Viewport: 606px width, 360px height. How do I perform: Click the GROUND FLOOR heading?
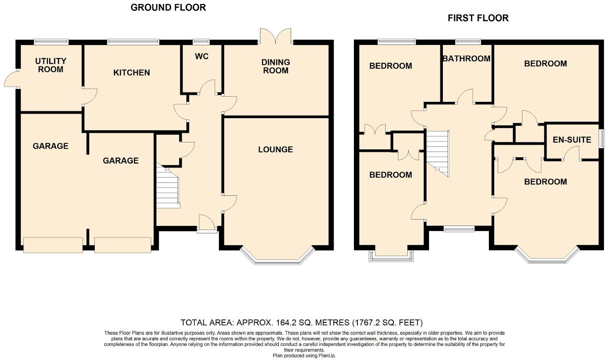[x=168, y=7]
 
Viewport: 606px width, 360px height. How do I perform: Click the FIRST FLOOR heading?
[x=478, y=18]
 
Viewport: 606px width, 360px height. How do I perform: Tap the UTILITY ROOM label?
[x=50, y=65]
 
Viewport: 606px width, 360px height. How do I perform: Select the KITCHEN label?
[x=131, y=73]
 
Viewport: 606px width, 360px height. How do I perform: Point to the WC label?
[x=202, y=56]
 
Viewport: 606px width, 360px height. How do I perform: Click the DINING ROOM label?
[x=276, y=66]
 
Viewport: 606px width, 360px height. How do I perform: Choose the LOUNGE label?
[x=275, y=149]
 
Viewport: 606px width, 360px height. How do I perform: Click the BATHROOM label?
[x=467, y=58]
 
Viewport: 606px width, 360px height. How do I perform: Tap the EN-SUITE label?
[x=572, y=140]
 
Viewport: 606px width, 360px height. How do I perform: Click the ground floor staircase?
[x=167, y=188]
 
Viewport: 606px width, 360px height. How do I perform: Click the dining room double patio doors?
[x=276, y=36]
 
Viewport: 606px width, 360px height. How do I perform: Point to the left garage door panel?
[x=53, y=245]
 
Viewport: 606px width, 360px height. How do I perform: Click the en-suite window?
[x=602, y=138]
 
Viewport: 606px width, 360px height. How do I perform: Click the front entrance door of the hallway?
[x=207, y=224]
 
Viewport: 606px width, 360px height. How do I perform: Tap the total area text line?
[x=302, y=322]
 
